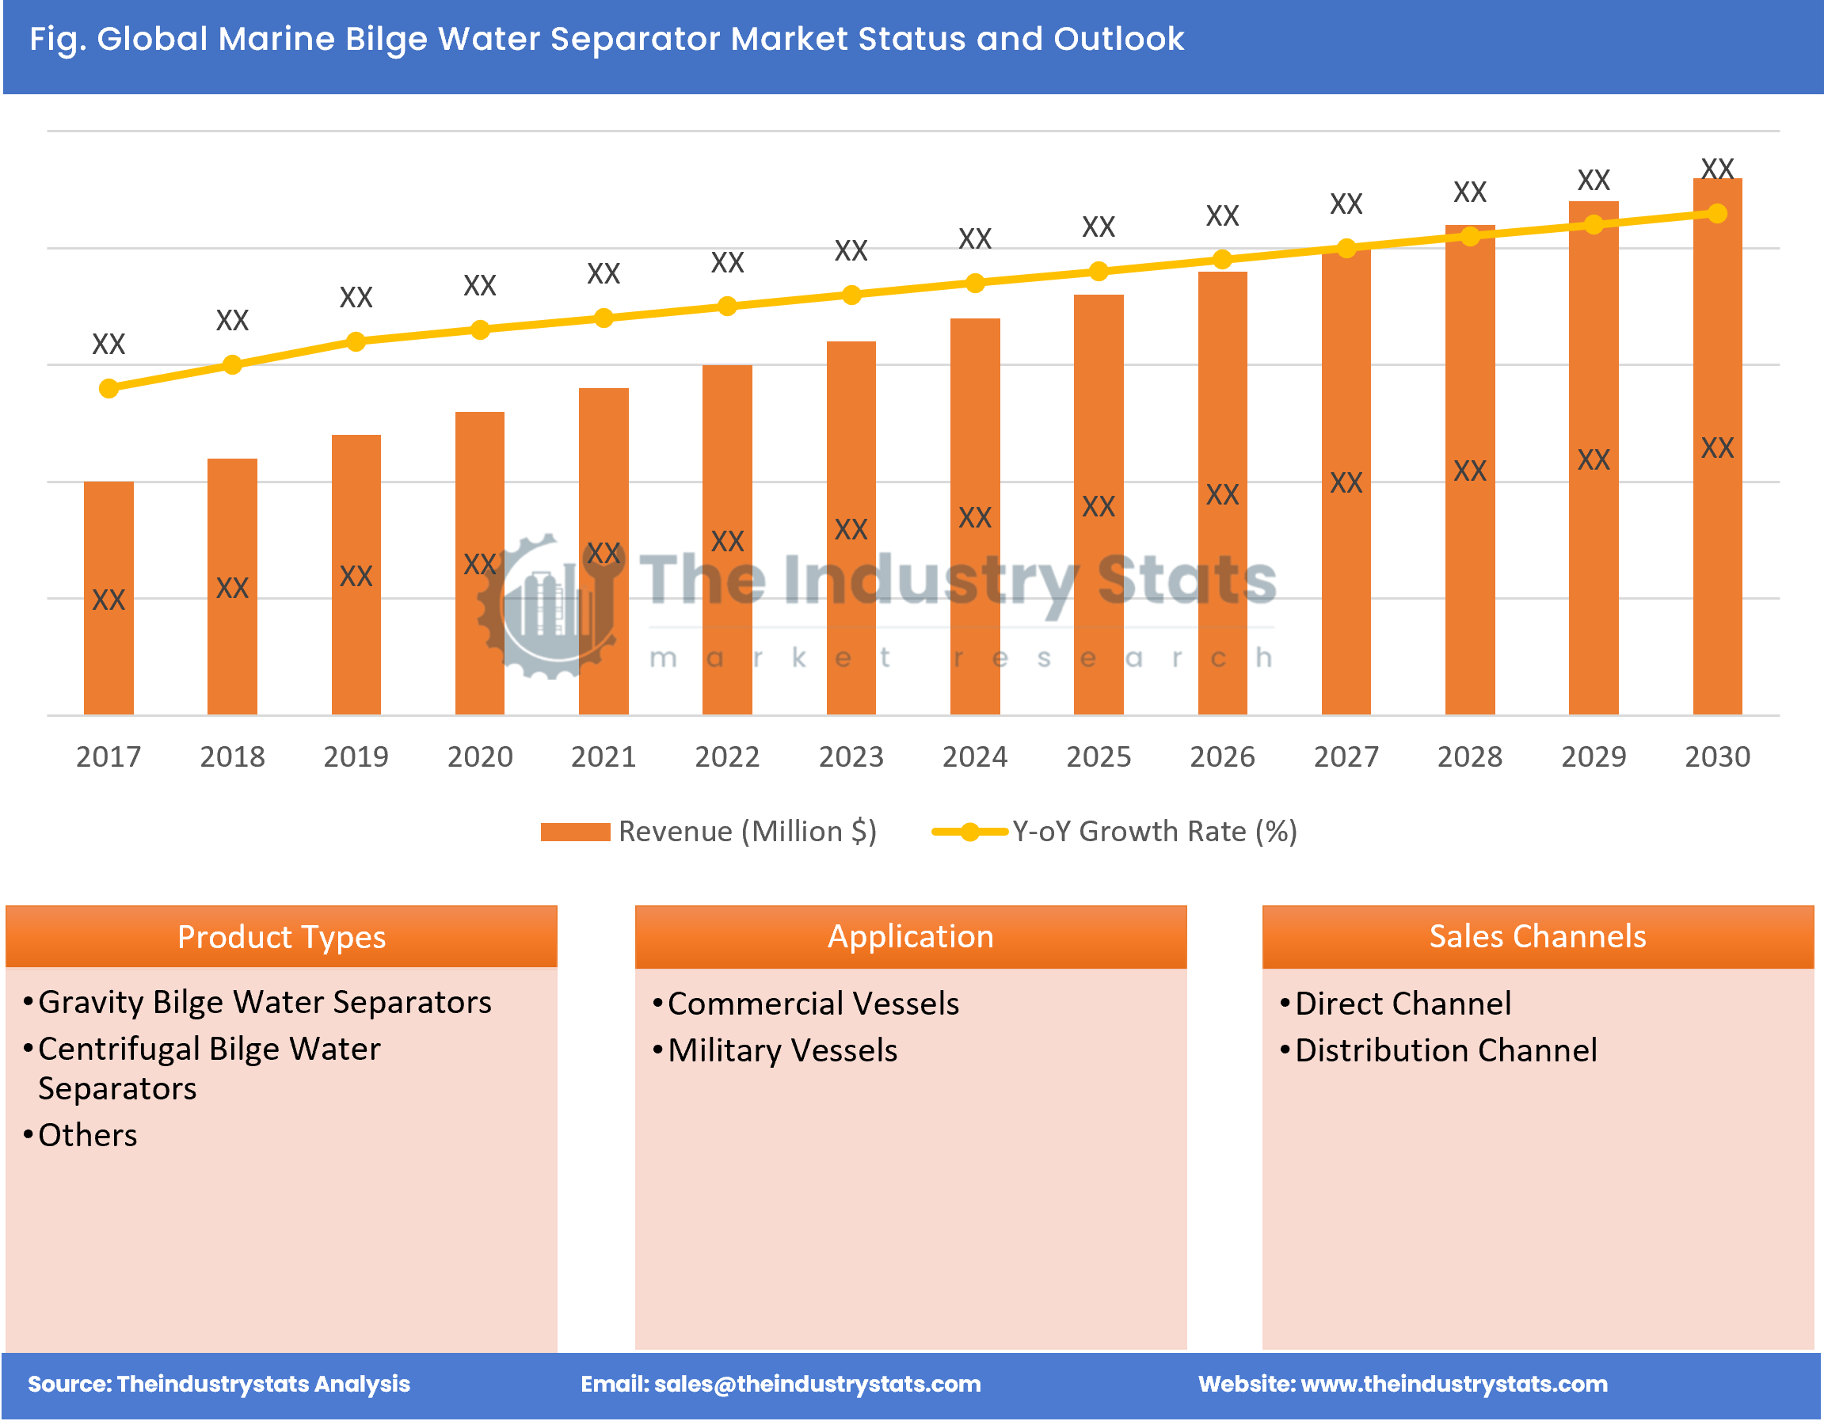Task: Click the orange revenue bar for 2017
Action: click(x=109, y=597)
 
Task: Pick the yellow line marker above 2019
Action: click(x=356, y=341)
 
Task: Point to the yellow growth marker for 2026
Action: click(x=1222, y=260)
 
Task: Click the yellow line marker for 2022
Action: click(x=727, y=307)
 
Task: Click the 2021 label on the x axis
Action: click(x=603, y=757)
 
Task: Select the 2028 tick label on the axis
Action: click(x=1469, y=757)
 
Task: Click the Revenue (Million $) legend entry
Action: click(x=709, y=832)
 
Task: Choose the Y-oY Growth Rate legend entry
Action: click(x=1115, y=832)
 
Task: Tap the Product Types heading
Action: click(x=281, y=936)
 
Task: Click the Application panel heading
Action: click(x=910, y=936)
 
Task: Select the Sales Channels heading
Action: click(x=1537, y=936)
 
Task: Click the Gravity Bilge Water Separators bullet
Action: click(x=265, y=1003)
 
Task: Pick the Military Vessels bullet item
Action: click(x=783, y=1051)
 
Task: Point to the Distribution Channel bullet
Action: click(x=1445, y=1051)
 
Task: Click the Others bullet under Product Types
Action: click(x=88, y=1135)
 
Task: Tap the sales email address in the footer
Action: click(x=817, y=1385)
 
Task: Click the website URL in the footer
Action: click(x=1454, y=1385)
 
